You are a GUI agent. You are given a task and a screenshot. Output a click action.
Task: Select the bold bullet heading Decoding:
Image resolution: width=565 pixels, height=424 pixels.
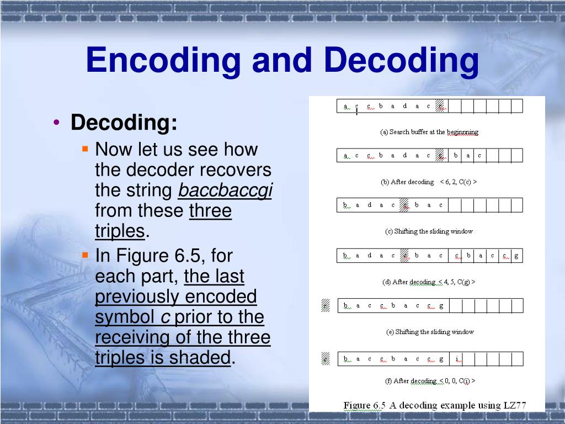click(x=124, y=123)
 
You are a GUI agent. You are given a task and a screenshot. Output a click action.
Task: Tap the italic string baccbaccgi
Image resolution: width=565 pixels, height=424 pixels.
click(x=225, y=190)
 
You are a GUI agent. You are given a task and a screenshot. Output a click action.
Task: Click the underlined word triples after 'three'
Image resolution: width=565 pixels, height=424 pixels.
click(x=119, y=231)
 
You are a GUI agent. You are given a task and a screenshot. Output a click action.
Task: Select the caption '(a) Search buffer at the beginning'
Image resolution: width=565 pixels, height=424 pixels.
click(x=429, y=132)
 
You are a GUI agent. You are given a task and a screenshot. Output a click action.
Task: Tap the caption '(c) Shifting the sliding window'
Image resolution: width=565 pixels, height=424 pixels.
click(x=429, y=231)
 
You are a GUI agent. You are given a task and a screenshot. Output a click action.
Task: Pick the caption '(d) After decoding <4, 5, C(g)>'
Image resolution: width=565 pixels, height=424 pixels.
click(x=429, y=282)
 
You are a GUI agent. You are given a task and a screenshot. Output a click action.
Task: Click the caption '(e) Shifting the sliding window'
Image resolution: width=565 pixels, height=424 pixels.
click(x=429, y=332)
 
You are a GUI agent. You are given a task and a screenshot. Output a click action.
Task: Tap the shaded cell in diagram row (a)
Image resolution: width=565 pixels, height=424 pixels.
click(x=440, y=106)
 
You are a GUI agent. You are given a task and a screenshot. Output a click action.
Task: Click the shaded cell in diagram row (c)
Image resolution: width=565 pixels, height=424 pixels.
click(x=404, y=205)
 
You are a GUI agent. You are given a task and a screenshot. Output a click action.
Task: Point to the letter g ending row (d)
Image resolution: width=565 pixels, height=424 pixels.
click(x=516, y=256)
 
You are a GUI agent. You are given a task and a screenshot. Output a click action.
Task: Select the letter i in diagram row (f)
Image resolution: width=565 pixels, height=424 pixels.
click(x=457, y=359)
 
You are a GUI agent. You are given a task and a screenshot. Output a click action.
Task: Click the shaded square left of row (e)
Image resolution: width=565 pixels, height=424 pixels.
click(x=326, y=305)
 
